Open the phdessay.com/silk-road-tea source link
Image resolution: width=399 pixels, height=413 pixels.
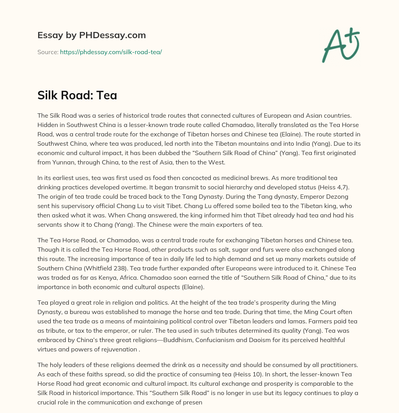(111, 52)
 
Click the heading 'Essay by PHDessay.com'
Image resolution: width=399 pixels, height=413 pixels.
(92, 35)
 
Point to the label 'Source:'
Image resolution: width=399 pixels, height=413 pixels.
(48, 52)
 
